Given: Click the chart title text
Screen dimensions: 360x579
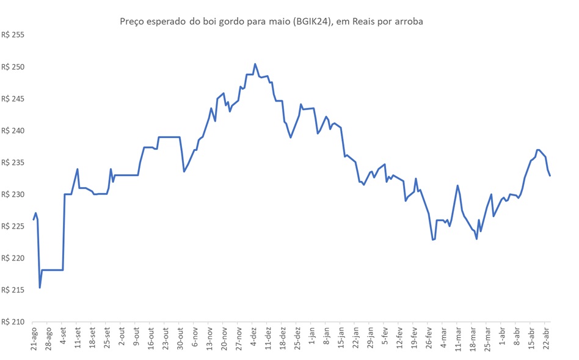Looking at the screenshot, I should click(271, 21).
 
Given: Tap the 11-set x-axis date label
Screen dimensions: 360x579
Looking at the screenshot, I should click(78, 339).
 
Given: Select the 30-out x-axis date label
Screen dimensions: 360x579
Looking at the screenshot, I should click(181, 339).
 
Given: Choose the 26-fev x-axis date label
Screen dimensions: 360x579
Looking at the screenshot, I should click(430, 339).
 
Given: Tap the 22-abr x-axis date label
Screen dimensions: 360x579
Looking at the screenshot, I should click(547, 339).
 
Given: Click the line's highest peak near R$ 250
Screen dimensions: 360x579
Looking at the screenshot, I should click(255, 64).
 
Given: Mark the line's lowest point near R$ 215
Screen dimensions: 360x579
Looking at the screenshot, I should click(40, 287).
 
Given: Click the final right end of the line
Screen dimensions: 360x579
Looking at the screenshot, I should click(550, 175).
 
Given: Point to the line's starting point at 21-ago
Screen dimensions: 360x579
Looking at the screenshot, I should click(34, 219).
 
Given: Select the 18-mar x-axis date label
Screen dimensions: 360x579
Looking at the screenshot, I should click(474, 339).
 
